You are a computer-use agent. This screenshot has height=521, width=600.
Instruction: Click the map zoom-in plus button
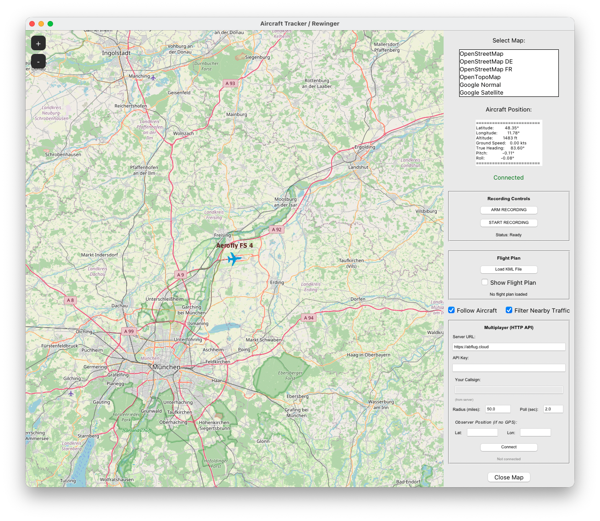click(x=38, y=43)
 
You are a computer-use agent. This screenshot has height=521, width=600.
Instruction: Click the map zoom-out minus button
click(x=38, y=61)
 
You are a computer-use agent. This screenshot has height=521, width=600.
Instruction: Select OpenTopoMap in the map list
click(x=480, y=77)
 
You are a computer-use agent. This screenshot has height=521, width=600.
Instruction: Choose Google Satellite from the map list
click(x=482, y=93)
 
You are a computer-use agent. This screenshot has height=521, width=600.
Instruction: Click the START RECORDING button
click(x=509, y=223)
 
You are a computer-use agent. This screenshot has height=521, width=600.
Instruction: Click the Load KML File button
click(x=509, y=270)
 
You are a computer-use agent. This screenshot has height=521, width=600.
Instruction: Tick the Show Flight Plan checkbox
click(x=485, y=282)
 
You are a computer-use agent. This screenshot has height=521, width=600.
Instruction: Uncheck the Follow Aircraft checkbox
click(x=452, y=310)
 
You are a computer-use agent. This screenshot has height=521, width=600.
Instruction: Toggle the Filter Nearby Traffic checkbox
click(x=509, y=310)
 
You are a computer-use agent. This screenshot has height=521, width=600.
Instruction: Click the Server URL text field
click(x=509, y=347)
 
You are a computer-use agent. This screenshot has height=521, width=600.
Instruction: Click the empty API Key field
click(x=509, y=368)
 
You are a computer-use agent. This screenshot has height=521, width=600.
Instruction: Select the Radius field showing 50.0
click(x=498, y=409)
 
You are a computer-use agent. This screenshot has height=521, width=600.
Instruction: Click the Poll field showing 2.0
click(x=553, y=409)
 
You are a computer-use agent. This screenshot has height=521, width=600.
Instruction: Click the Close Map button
click(x=509, y=478)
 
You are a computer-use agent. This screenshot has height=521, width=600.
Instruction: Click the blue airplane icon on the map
click(x=234, y=259)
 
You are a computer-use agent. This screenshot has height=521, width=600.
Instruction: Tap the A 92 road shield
click(x=277, y=229)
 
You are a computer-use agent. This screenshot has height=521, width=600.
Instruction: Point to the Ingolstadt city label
click(x=116, y=53)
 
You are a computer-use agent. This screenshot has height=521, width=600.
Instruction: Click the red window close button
click(x=32, y=24)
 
